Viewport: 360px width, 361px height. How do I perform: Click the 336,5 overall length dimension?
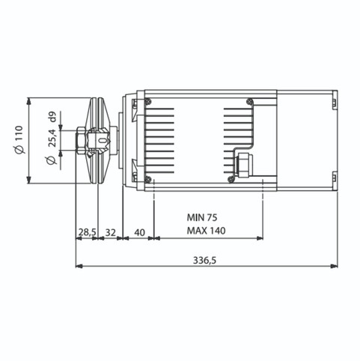coord(204,261)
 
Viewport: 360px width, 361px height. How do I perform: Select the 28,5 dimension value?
coord(88,232)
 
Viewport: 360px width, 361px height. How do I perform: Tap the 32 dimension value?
coord(111,232)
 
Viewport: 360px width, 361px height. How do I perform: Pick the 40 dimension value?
coord(139,232)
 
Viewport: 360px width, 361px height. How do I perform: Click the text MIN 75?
coord(202,217)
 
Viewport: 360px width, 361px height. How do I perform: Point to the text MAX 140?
coord(207,231)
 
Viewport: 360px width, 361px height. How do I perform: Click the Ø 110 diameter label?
coord(19,139)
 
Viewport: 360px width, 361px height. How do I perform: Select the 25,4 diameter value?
coord(52,139)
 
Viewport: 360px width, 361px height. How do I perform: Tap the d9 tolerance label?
coord(52,117)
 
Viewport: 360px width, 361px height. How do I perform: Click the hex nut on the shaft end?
coord(82,140)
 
